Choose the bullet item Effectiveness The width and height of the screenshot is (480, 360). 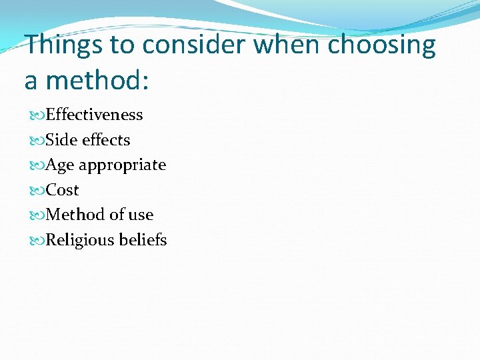94,115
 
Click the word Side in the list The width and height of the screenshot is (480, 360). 61,140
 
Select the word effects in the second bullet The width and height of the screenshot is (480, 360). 106,140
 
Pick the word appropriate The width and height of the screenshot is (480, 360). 123,165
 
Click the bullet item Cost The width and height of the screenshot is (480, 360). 63,190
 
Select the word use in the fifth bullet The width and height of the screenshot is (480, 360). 141,215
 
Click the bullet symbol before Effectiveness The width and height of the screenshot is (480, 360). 37,115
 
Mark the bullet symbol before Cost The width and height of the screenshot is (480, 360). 37,191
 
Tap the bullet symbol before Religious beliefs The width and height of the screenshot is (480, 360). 37,241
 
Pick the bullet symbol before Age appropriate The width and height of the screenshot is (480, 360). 37,165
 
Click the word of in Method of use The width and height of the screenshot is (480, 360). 117,215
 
